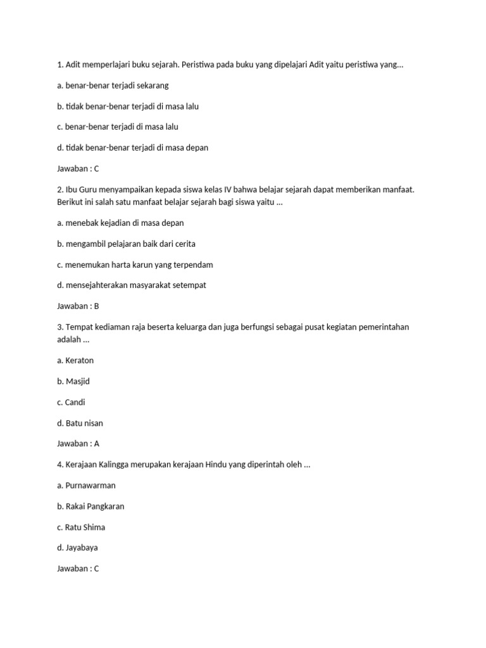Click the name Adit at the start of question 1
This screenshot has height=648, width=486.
click(74, 65)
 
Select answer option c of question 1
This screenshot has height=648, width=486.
click(118, 127)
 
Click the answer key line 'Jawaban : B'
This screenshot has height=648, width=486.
click(78, 306)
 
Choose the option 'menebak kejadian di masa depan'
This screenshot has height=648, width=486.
click(120, 223)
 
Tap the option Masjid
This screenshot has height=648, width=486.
click(77, 382)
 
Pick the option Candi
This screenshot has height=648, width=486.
click(75, 402)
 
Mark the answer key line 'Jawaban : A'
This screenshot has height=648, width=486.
click(78, 444)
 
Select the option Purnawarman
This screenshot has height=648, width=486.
click(90, 485)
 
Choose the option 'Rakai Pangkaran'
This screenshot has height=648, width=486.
click(94, 506)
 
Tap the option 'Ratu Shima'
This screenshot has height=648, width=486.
click(85, 527)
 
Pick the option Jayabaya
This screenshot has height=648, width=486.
click(82, 547)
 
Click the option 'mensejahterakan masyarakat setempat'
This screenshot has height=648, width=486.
click(131, 285)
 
